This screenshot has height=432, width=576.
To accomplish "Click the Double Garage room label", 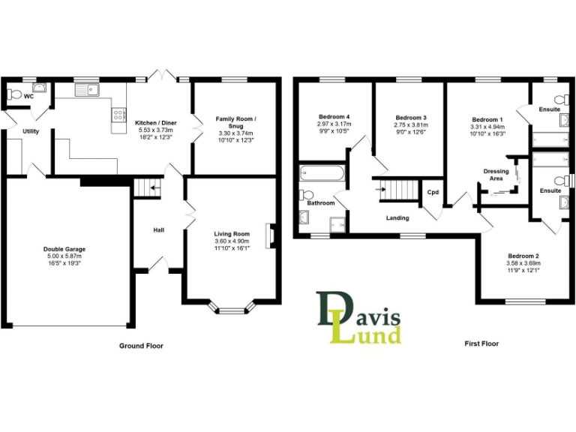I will click(x=64, y=248).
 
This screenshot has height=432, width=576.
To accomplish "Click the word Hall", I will click(x=159, y=230).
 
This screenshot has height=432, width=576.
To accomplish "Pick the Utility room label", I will click(x=31, y=131).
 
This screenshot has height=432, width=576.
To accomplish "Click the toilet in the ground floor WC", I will click(x=13, y=95).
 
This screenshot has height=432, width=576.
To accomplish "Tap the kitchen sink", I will click(x=87, y=90).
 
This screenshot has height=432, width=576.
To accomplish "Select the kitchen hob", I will click(x=118, y=114).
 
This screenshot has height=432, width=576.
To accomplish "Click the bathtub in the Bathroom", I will click(x=322, y=174).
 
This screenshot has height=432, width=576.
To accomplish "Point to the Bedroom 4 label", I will click(x=334, y=118).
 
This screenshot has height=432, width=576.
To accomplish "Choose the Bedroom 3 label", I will click(x=411, y=118).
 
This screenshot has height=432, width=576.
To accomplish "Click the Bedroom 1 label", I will click(x=487, y=119).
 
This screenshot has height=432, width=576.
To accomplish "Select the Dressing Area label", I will click(x=496, y=175).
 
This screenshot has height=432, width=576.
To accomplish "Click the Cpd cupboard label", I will click(x=433, y=193).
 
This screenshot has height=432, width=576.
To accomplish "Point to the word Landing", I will click(x=397, y=218).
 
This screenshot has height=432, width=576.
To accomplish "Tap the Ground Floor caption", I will click(x=141, y=346).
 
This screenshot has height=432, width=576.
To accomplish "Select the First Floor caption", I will click(x=481, y=344).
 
